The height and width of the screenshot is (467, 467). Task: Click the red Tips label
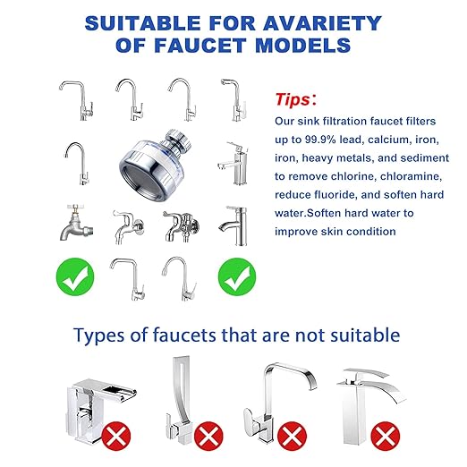(293, 98)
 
